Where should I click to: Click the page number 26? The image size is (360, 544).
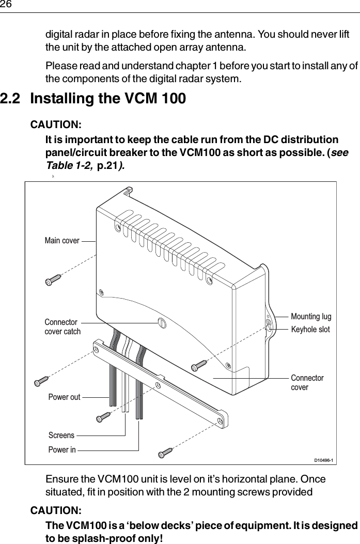6,5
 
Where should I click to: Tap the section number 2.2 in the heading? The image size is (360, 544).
12,98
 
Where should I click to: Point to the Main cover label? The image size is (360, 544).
62,241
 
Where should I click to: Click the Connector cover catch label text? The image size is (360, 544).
62,327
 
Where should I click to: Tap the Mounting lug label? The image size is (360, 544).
311,316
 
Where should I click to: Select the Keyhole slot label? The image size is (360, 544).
310,329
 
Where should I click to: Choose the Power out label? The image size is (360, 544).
64,397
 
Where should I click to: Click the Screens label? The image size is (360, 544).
61,436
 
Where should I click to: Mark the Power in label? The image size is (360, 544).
61,450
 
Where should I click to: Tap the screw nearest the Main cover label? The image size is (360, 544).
53,279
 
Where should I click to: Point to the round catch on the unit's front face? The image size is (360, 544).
162,323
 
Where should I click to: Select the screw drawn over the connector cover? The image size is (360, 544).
199,365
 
